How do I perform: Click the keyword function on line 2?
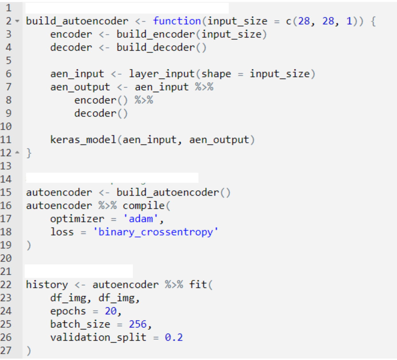coord(177,21)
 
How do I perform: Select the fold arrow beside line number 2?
coord(17,21)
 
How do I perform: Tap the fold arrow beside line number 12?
coord(17,153)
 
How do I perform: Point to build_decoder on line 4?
coord(156,48)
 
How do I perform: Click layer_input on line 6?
coord(162,74)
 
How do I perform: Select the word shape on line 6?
coord(216,74)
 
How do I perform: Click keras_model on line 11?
coord(83,140)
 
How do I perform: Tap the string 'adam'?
coord(141,219)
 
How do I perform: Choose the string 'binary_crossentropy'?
coord(156,232)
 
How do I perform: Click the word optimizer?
coord(77,219)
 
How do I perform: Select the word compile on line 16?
coord(144,206)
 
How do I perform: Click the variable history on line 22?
coord(47,285)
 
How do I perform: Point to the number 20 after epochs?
coord(111,311)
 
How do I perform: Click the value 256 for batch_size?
coord(137,324)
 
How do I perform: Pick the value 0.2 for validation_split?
coord(174,337)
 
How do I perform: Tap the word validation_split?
coord(98,337)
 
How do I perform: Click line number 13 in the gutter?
coord(6,166)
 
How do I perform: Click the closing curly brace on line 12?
coord(29,153)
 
